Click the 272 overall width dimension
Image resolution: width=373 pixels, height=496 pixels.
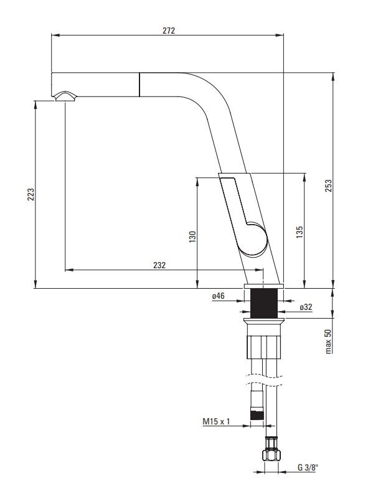[168, 30]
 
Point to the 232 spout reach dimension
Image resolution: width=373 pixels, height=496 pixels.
[159, 264]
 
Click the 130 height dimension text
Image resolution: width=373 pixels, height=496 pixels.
[192, 236]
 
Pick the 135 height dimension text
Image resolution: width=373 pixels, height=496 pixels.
[300, 232]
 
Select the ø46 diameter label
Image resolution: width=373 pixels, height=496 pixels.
[218, 297]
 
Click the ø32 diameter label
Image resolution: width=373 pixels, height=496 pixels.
[306, 307]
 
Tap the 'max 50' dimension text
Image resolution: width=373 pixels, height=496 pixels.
[328, 342]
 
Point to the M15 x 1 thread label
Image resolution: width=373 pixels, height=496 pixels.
[216, 421]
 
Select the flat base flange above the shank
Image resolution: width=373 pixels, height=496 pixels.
[264, 286]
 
